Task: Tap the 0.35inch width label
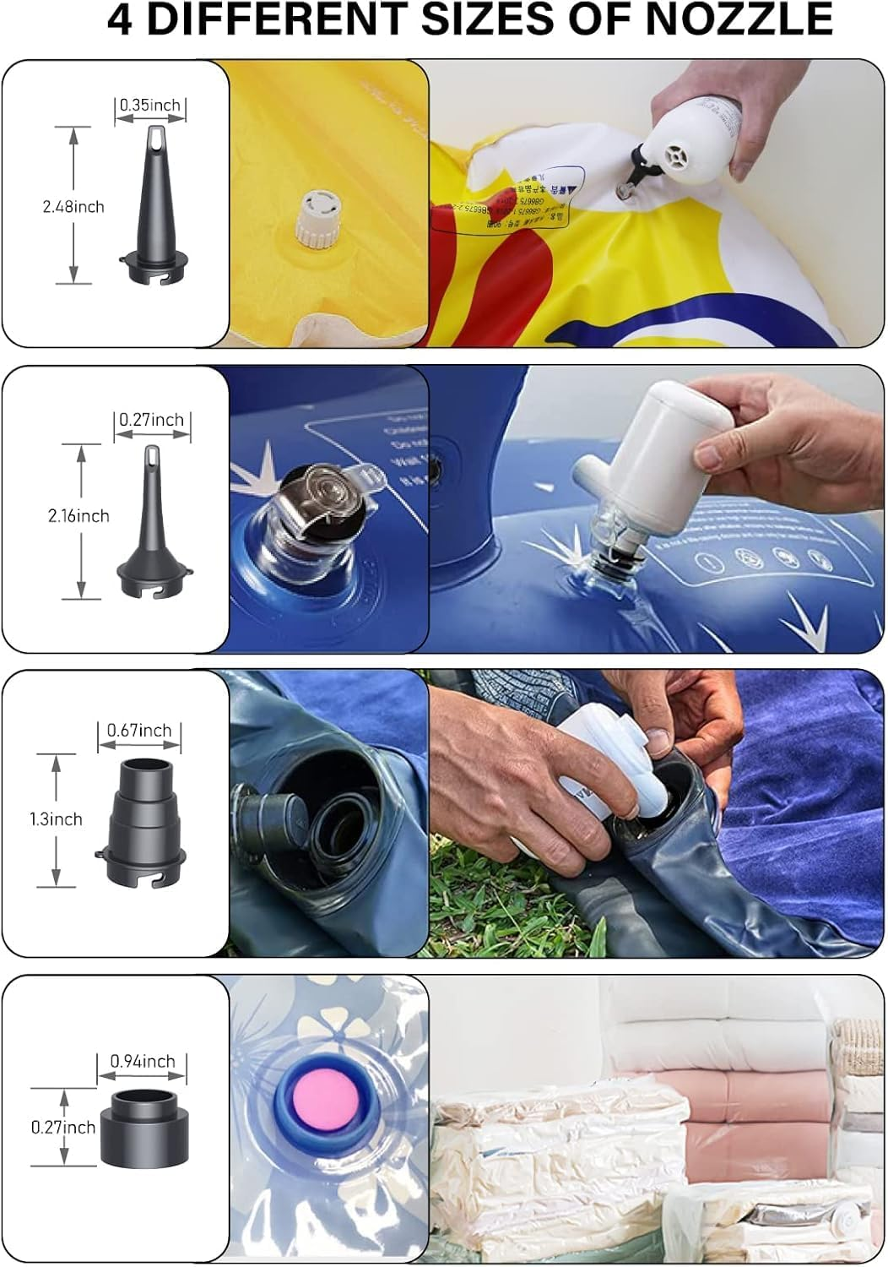click(x=150, y=106)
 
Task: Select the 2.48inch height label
click(x=73, y=207)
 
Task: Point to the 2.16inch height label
click(x=79, y=516)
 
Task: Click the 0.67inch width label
click(x=139, y=731)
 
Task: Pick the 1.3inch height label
click(x=56, y=819)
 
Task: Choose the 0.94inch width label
click(x=143, y=1062)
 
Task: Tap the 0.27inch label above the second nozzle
click(x=151, y=420)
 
